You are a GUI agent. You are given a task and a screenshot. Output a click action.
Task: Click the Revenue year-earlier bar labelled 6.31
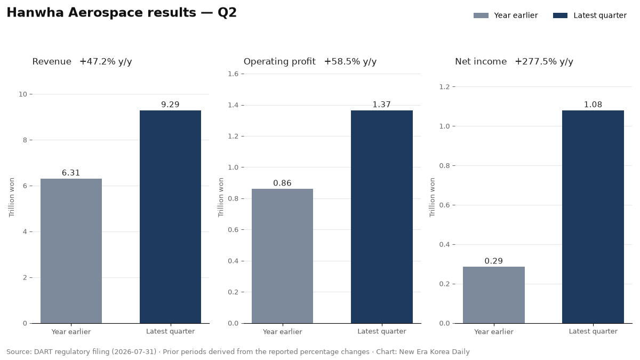[x=71, y=251]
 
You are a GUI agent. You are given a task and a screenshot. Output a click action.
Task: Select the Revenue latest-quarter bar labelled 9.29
[x=170, y=217]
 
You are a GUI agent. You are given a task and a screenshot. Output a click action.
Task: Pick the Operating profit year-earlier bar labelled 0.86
[x=282, y=256]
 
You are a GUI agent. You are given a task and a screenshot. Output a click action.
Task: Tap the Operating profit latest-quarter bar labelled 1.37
[x=382, y=217]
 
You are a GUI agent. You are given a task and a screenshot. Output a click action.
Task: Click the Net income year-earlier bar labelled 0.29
[x=494, y=295]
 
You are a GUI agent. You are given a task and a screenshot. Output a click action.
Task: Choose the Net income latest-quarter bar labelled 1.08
[x=593, y=217]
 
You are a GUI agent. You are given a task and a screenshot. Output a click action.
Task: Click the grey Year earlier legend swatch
[x=481, y=15]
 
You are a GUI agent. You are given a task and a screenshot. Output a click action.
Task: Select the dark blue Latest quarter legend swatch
[x=561, y=15]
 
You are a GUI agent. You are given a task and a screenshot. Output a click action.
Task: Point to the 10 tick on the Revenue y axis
[x=22, y=94]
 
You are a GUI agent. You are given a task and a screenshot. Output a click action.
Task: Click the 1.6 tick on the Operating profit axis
[x=233, y=74]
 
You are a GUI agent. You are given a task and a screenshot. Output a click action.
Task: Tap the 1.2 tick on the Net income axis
[x=444, y=86]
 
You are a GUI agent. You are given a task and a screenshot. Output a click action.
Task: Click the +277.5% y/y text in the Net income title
[x=544, y=62]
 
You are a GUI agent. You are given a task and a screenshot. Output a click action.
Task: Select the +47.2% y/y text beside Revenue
[x=106, y=62]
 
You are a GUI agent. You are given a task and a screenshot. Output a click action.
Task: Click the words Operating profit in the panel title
[x=279, y=62]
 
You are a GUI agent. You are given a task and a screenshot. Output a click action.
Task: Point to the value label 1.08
[x=593, y=105]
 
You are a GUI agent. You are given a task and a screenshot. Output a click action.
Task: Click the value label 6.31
[x=71, y=173]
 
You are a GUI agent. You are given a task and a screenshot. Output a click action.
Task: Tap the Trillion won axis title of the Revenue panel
[x=11, y=197]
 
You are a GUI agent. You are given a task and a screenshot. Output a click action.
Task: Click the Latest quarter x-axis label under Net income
[x=593, y=331]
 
